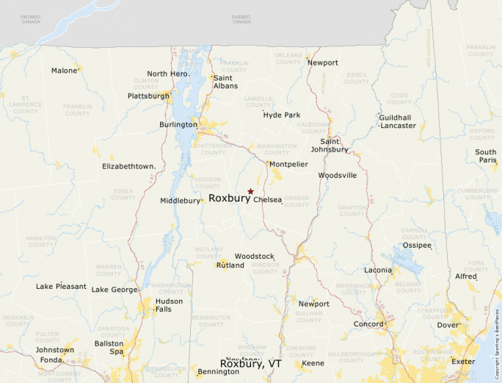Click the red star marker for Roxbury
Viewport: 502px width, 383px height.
click(250, 191)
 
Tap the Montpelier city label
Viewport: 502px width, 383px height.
click(288, 164)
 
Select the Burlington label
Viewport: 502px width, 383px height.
click(178, 125)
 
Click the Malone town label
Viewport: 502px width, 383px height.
click(65, 71)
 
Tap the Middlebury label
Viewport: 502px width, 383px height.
click(181, 201)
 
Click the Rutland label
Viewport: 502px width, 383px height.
click(230, 265)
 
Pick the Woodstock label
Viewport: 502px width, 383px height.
click(255, 257)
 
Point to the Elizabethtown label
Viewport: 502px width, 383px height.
click(128, 167)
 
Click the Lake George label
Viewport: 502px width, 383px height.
click(114, 290)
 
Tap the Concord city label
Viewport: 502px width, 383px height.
click(368, 324)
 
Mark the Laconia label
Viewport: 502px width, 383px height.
click(378, 271)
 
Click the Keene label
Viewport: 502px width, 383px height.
click(313, 363)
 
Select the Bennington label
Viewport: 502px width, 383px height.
click(218, 372)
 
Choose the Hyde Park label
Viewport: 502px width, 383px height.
click(282, 115)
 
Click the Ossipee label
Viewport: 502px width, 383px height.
click(417, 246)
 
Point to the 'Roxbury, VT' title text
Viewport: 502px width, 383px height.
click(251, 364)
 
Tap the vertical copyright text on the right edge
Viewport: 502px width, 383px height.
click(497, 338)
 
